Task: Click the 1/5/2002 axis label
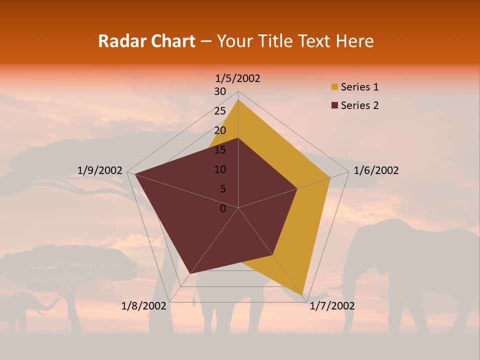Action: click(x=238, y=78)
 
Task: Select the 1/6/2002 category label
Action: click(x=376, y=170)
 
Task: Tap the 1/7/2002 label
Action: click(x=332, y=306)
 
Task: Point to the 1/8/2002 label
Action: click(x=144, y=306)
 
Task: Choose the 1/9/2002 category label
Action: click(x=100, y=170)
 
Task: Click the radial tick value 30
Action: click(x=220, y=91)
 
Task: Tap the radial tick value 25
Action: click(x=220, y=111)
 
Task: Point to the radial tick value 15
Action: click(x=220, y=150)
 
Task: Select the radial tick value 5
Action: click(x=222, y=189)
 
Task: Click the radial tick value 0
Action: click(x=223, y=208)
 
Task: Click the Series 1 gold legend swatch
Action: click(x=334, y=87)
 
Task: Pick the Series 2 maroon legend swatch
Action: click(x=334, y=105)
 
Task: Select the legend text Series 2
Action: click(x=359, y=105)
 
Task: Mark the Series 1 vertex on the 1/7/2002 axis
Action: click(x=302, y=294)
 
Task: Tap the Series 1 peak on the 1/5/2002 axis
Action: click(x=238, y=100)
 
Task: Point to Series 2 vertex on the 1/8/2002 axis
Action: click(x=190, y=273)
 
